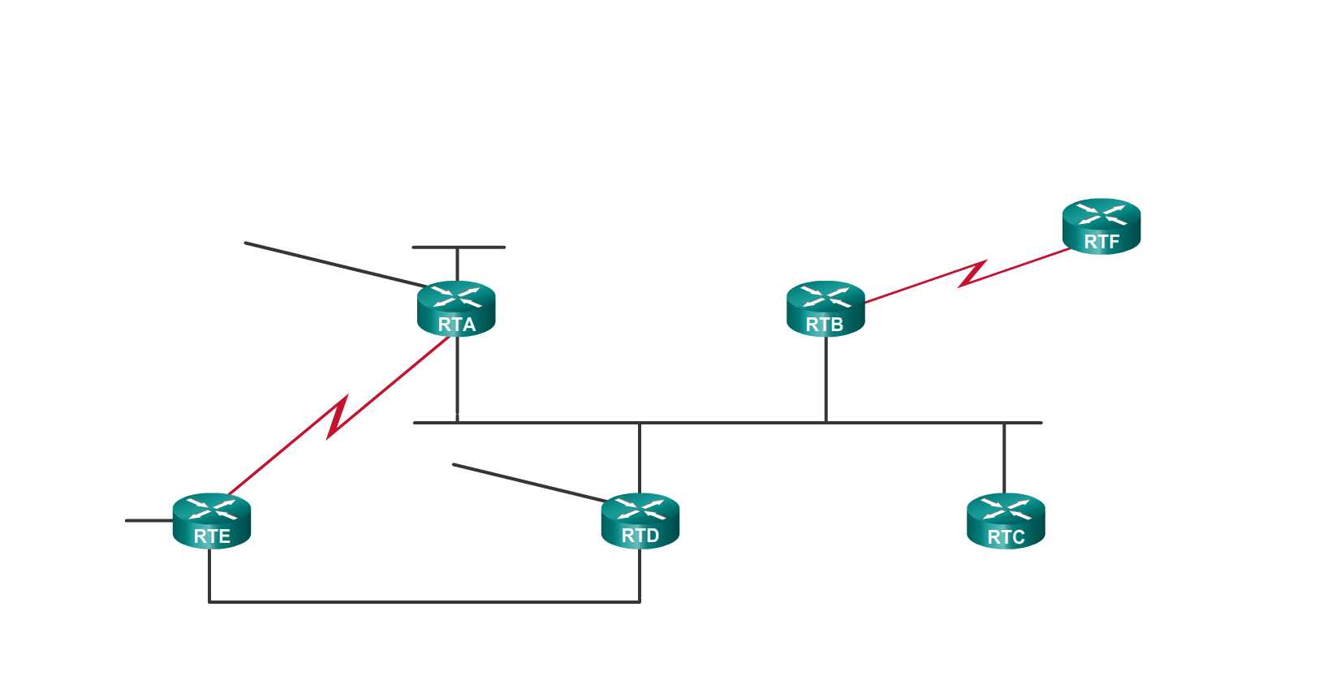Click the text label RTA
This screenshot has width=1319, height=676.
[456, 325]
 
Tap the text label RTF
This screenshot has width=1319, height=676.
[1101, 242]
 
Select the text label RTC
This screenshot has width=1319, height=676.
[1006, 537]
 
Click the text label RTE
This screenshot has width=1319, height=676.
[212, 536]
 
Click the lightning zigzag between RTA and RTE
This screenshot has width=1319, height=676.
[338, 417]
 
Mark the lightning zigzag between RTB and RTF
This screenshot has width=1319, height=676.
[972, 273]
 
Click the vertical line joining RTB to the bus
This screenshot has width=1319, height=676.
[825, 380]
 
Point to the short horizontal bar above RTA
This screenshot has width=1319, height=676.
[458, 247]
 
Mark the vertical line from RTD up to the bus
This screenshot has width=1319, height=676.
[640, 459]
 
